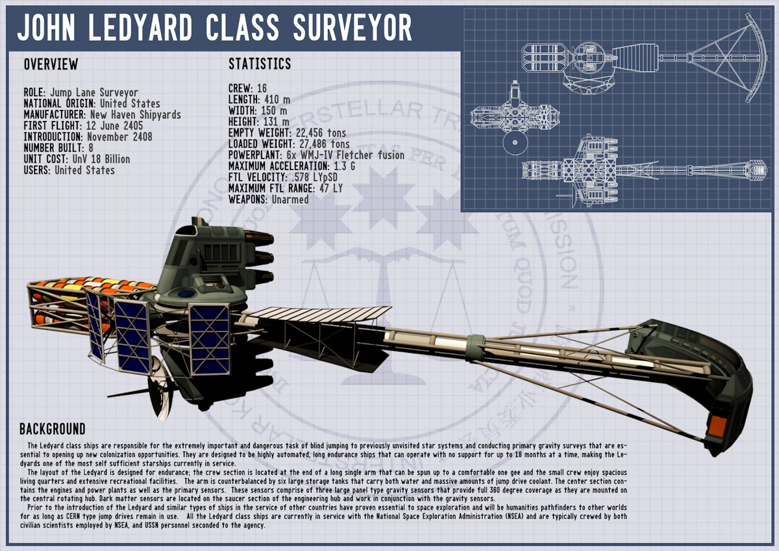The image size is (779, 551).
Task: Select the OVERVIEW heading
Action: point(51,65)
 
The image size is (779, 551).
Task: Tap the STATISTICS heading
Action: point(260,64)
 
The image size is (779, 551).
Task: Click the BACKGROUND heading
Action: point(53,429)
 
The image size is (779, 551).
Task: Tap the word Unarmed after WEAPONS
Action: point(290,199)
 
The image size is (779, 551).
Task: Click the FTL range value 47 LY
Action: point(327,188)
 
